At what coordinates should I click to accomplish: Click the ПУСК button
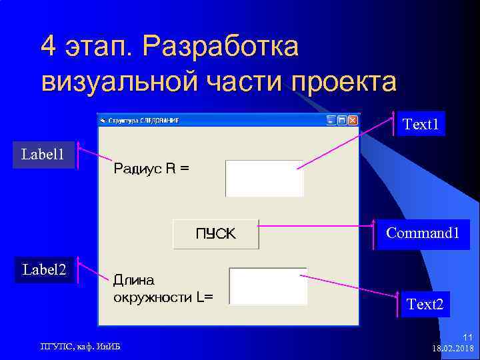pyautogui.click(x=215, y=234)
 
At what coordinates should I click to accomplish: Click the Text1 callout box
pyautogui.click(x=421, y=124)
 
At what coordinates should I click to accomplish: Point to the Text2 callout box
pyautogui.click(x=425, y=304)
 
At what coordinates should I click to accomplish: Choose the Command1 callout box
pyautogui.click(x=423, y=233)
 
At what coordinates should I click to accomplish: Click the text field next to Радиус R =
pyautogui.click(x=265, y=179)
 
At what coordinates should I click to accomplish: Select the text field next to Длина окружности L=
pyautogui.click(x=268, y=287)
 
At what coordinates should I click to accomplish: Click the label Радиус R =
pyautogui.click(x=151, y=169)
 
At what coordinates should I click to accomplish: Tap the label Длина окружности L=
pyautogui.click(x=163, y=289)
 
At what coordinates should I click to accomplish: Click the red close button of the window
pyautogui.click(x=353, y=121)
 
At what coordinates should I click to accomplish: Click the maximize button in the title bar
pyautogui.click(x=341, y=121)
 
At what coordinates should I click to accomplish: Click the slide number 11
pyautogui.click(x=467, y=338)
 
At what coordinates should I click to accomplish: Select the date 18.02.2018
pyautogui.click(x=453, y=349)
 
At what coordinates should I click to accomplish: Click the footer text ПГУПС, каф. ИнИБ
pyautogui.click(x=80, y=345)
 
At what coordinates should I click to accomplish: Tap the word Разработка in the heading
pyautogui.click(x=221, y=47)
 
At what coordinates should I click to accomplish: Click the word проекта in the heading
pyautogui.click(x=343, y=81)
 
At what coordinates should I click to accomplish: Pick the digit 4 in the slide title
pyautogui.click(x=48, y=47)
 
